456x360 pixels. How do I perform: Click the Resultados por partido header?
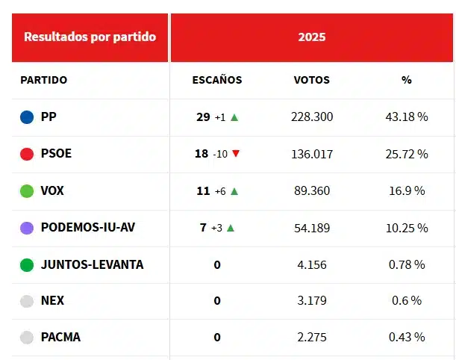(x=90, y=37)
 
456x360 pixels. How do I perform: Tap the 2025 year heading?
(x=312, y=37)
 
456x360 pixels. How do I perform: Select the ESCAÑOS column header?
(x=217, y=80)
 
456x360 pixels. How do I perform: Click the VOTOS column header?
(x=312, y=80)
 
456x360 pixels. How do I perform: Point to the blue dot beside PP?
(x=27, y=117)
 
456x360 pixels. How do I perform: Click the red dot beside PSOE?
(x=27, y=154)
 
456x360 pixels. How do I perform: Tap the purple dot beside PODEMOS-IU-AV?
(x=27, y=228)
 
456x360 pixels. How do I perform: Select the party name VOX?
(x=52, y=190)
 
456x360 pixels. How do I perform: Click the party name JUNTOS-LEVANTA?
(x=92, y=264)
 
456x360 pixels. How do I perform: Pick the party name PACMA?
(x=60, y=337)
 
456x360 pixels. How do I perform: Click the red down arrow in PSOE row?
(x=236, y=154)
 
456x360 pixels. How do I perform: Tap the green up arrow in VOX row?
(x=234, y=191)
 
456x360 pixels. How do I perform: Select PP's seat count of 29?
(x=203, y=117)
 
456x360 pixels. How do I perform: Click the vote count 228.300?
(x=312, y=117)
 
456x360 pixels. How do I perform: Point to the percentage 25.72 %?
(x=407, y=154)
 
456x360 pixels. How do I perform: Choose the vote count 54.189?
(x=312, y=228)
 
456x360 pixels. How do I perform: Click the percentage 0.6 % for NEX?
(x=407, y=300)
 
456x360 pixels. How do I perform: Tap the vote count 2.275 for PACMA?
(x=312, y=337)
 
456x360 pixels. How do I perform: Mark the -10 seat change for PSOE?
(x=220, y=155)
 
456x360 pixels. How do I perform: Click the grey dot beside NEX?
(x=27, y=301)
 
